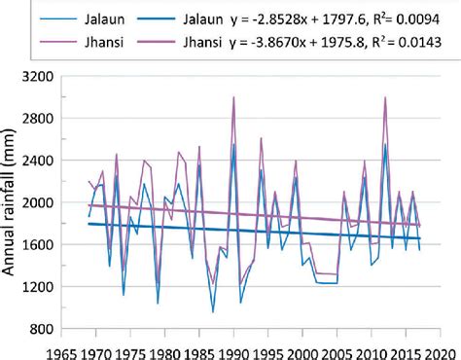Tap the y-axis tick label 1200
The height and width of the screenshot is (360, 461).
click(x=35, y=288)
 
